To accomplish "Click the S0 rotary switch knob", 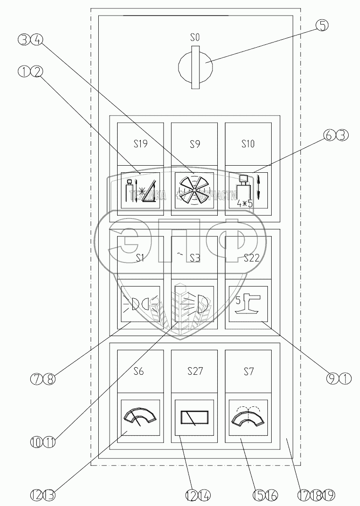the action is [x=195, y=67].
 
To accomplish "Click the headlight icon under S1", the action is [x=140, y=304].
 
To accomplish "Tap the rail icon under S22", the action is [x=248, y=304].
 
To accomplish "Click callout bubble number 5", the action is [x=321, y=25].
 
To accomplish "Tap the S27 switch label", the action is [x=195, y=371].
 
